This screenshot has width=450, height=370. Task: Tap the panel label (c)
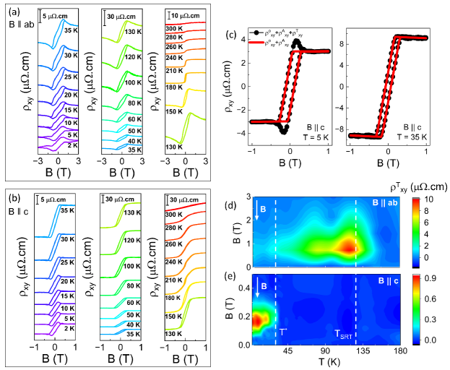233,34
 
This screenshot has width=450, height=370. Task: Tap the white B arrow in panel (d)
256,214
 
